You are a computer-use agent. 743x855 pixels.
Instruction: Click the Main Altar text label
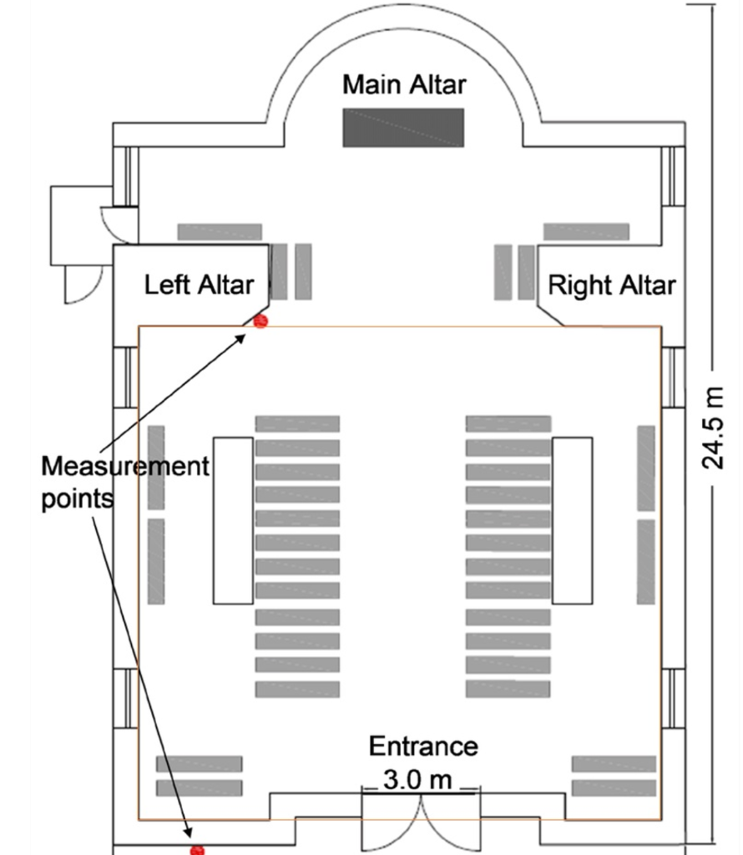click(404, 84)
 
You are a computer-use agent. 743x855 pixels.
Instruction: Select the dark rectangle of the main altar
click(402, 128)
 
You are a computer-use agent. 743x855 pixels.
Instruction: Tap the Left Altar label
click(199, 285)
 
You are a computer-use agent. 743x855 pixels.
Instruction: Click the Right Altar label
click(611, 285)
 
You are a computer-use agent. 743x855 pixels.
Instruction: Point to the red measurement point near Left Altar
click(260, 321)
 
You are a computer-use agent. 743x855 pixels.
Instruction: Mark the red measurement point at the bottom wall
click(197, 849)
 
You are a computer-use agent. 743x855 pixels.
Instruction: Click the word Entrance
click(423, 746)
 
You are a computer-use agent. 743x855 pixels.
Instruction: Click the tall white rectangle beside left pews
click(233, 519)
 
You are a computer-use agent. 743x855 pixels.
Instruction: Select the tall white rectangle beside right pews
click(572, 519)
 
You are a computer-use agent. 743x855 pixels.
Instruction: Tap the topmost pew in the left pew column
click(297, 424)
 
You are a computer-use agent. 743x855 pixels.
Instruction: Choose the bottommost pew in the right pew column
click(508, 690)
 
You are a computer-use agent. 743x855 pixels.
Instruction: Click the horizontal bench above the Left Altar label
click(220, 231)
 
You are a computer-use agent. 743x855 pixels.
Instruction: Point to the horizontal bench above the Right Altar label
click(586, 231)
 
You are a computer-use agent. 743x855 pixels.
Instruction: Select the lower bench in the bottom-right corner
click(614, 787)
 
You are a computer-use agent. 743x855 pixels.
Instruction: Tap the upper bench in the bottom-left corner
click(199, 764)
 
